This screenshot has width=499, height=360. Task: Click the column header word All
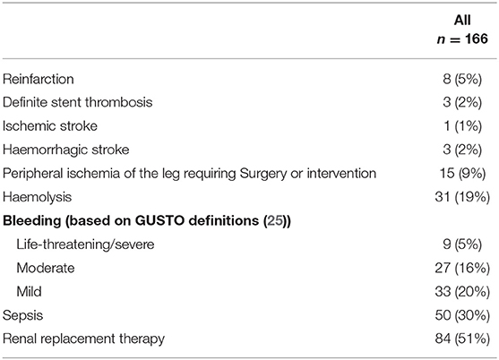click(462, 21)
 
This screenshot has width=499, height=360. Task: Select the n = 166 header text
click(462, 39)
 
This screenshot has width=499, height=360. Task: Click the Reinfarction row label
click(39, 79)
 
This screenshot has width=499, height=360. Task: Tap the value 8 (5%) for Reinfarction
click(462, 79)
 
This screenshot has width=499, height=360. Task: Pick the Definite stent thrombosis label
click(78, 102)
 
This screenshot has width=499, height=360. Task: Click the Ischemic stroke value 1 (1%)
click(462, 126)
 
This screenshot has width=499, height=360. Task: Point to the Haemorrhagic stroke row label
click(66, 150)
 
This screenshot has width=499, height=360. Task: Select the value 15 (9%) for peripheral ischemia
click(462, 174)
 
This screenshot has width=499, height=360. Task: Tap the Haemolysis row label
click(38, 197)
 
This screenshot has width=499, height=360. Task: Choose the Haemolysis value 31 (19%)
click(462, 197)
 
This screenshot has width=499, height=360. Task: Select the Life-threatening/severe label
click(85, 244)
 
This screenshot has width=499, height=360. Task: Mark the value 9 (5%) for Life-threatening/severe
click(462, 244)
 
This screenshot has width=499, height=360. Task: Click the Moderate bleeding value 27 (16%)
click(462, 268)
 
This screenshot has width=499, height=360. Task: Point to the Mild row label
click(29, 291)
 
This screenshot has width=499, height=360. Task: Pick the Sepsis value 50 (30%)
click(462, 315)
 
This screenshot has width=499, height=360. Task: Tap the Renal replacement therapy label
click(83, 339)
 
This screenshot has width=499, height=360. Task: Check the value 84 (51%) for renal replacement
click(462, 339)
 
